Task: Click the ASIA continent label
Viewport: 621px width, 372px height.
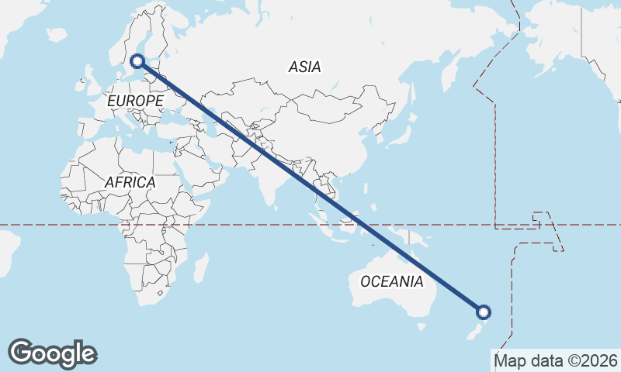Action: [x=304, y=67]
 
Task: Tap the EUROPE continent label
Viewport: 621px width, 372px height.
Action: [x=135, y=102]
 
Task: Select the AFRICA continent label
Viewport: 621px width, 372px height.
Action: [x=130, y=183]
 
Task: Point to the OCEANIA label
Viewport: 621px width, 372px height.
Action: [x=392, y=281]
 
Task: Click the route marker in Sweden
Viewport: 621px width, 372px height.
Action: [x=137, y=60]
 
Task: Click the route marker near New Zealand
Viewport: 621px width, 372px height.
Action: [x=484, y=312]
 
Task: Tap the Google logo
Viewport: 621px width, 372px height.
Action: [x=52, y=353]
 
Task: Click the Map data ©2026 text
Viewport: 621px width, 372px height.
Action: [x=555, y=360]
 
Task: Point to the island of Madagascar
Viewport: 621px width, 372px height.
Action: [x=201, y=267]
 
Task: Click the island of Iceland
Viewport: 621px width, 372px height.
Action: [x=57, y=35]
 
